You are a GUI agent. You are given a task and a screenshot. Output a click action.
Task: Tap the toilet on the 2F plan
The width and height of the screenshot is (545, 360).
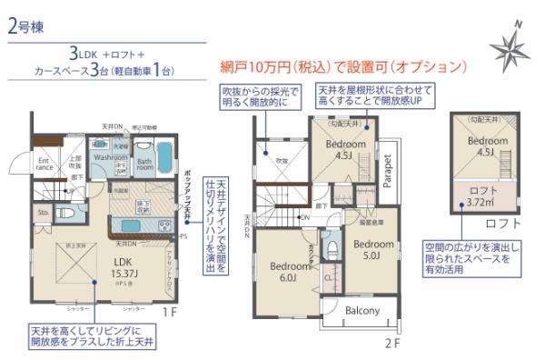[332, 246]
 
